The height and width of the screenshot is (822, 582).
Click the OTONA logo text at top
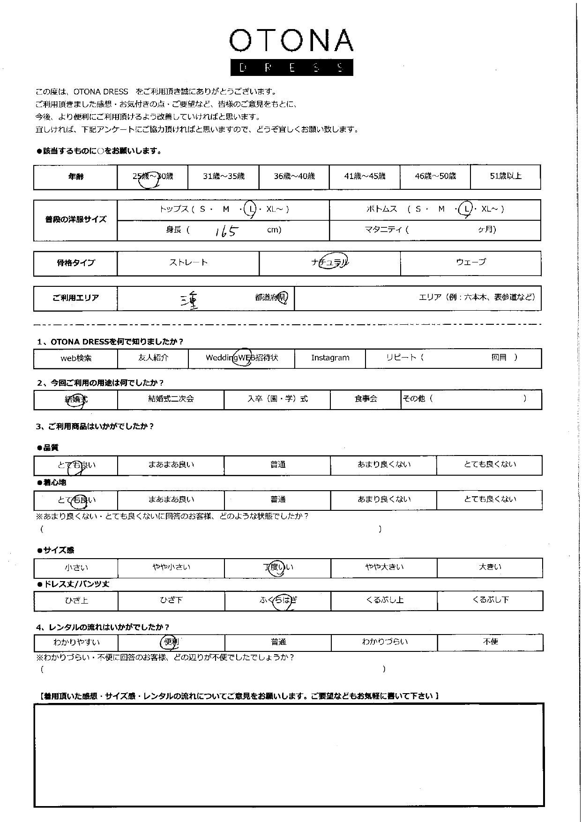[x=291, y=41]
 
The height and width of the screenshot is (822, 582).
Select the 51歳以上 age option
[x=505, y=176]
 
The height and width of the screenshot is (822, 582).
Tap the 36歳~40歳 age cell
[x=294, y=177]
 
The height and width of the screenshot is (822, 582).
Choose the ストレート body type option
[x=188, y=263]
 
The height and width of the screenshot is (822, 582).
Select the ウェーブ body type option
[x=471, y=262]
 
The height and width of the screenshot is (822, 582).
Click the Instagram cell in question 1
[x=330, y=358]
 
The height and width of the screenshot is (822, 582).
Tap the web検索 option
[x=76, y=359]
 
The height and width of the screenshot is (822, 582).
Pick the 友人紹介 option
[x=153, y=358]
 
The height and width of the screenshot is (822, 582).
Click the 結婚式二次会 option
[x=171, y=399]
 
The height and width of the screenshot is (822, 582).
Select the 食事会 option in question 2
[x=366, y=399]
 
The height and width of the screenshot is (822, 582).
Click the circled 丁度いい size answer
[x=278, y=568]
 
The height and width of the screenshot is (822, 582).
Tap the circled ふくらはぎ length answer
[x=278, y=601]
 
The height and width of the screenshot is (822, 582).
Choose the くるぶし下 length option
[x=490, y=600]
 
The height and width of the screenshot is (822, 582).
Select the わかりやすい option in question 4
[x=76, y=642]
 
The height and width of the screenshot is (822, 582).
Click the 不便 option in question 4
[x=490, y=642]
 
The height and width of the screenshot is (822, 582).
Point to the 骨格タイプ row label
[x=75, y=263]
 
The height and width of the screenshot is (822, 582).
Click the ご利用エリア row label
[x=75, y=298]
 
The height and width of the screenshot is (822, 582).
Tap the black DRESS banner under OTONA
[x=291, y=67]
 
